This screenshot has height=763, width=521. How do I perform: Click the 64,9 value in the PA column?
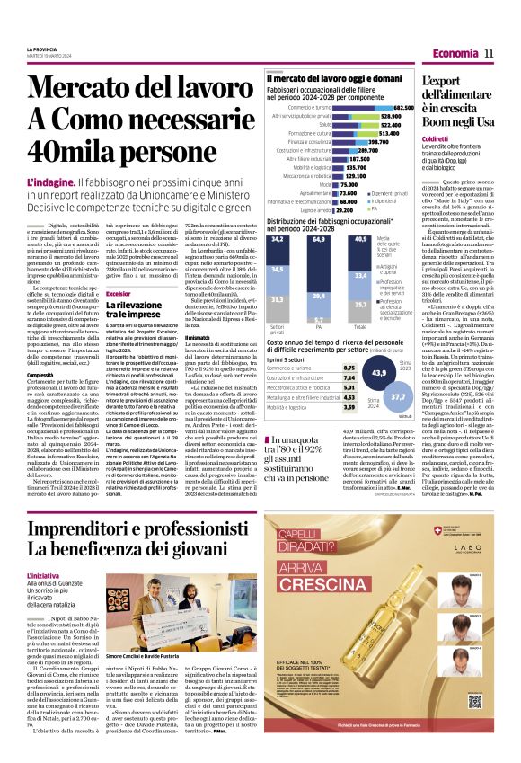(319, 240)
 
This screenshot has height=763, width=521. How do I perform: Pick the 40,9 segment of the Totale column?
(361, 240)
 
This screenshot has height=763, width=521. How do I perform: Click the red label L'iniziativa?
(43, 549)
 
